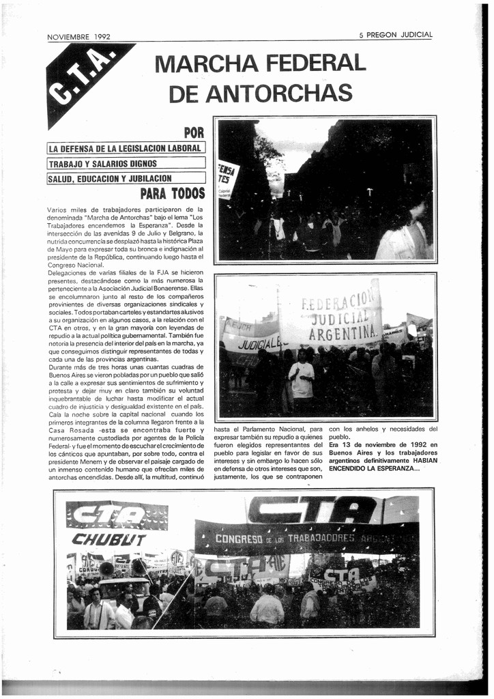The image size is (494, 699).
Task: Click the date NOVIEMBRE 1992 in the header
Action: pos(78,37)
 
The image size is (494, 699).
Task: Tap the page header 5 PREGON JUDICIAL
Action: pos(396,35)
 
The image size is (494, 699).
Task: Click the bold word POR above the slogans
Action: pos(194,132)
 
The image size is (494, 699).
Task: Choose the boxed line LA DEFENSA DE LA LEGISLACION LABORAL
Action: pos(126,148)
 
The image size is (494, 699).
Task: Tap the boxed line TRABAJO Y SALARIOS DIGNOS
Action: pos(102,164)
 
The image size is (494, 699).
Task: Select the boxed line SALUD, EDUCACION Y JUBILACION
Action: pos(110,179)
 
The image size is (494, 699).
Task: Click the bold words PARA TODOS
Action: pos(172,194)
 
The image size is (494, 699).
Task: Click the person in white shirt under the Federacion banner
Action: pos(301,379)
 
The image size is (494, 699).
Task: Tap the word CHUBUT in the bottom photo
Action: pos(109,539)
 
